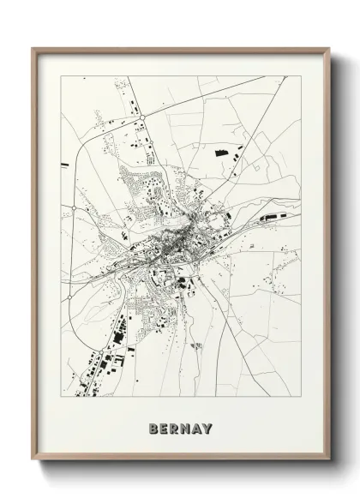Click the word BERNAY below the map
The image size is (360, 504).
(x=180, y=428)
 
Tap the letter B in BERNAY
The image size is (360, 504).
(x=153, y=428)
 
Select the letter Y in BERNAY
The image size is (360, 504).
(x=207, y=428)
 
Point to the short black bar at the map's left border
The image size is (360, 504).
(x=63, y=165)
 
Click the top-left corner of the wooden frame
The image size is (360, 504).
(x=33, y=48)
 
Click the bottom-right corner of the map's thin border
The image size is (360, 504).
(x=300, y=397)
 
